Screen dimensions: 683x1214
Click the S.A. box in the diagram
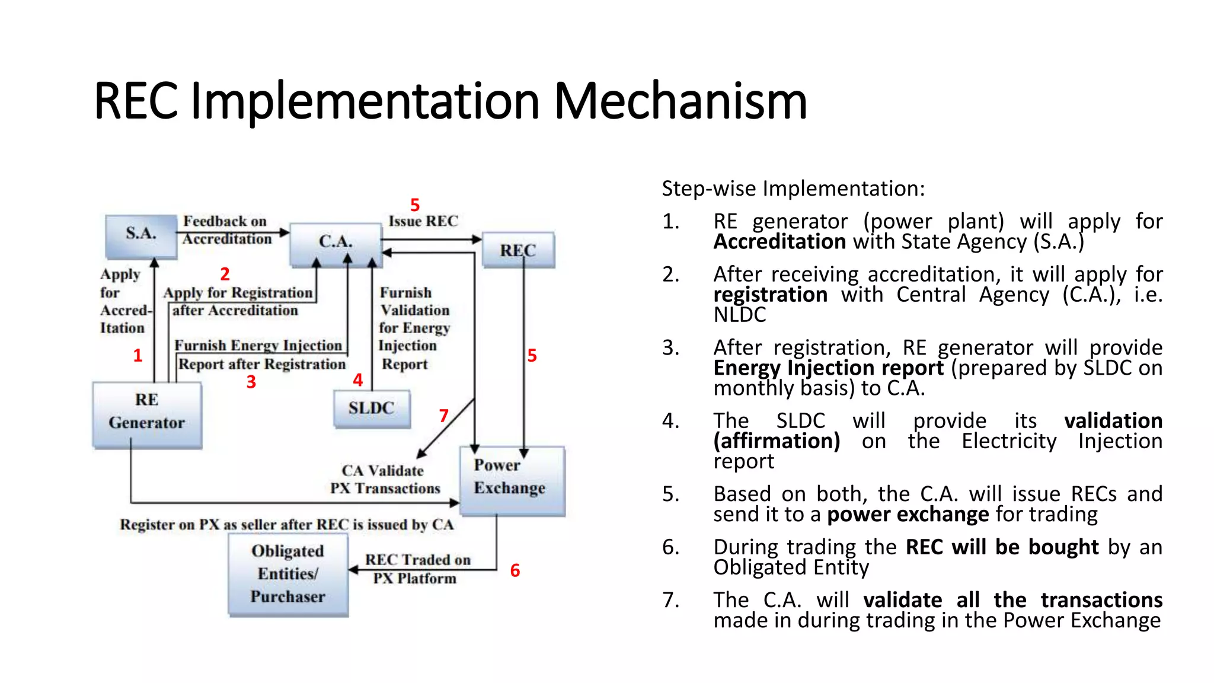coord(141,235)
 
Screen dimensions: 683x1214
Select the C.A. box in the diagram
coord(336,243)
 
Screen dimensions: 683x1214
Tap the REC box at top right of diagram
coord(518,250)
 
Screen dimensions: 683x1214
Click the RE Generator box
coord(147,414)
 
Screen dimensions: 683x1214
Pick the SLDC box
coord(372,408)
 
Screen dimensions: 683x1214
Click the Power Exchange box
coord(512,480)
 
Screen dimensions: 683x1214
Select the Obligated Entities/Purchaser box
coord(288,574)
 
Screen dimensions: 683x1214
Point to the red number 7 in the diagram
coord(443,416)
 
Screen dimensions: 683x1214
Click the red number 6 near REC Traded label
coord(515,570)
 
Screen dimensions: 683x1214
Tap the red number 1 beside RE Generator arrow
coord(138,355)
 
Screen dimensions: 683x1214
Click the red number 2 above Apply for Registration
coord(225,274)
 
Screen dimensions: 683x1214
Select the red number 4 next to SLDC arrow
coord(357,380)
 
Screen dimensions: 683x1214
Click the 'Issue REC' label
coord(423,221)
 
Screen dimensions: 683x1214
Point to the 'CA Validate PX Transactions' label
coord(385,479)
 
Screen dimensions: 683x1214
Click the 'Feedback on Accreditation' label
coord(226,229)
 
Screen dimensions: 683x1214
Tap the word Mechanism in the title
coord(680,102)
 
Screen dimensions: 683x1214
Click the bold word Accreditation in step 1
coord(779,242)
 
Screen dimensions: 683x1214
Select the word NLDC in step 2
coord(739,315)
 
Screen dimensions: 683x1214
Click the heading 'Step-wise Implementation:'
coord(793,189)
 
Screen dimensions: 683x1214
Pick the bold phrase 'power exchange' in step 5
coord(908,514)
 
